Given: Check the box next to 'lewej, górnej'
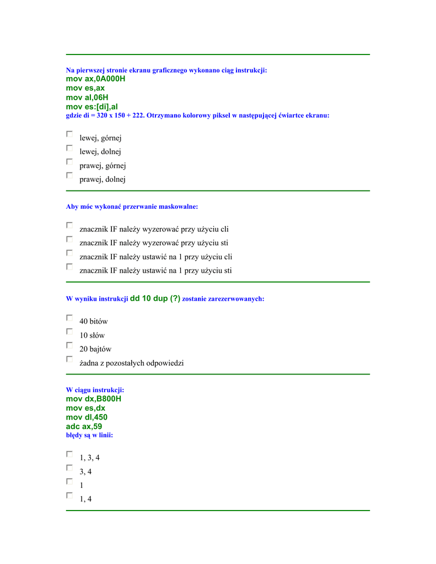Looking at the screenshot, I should point(69,134).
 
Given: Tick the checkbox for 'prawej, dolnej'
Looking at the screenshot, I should point(69,176).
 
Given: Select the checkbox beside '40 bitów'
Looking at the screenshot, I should point(69,318).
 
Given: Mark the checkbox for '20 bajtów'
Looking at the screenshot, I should point(69,345).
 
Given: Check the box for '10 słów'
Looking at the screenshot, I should point(69,332).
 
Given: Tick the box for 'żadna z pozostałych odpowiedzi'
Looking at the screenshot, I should point(69,359).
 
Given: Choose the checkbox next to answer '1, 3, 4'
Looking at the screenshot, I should point(69,454).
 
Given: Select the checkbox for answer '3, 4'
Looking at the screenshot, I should point(69,468).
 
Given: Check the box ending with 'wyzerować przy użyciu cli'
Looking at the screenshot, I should point(69,225).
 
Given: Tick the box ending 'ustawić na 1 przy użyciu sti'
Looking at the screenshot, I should point(69,267).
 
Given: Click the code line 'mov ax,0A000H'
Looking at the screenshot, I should point(95,79).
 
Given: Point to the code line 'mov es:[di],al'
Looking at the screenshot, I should point(92,106).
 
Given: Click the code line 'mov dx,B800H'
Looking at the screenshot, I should point(94,399).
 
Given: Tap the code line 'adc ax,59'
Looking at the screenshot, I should point(84,426).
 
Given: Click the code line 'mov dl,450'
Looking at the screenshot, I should point(87,417).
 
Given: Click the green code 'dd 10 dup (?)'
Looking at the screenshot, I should point(155,298).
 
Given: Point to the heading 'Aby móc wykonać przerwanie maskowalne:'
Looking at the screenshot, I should point(132,207).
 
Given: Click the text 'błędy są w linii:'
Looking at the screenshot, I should point(89,435).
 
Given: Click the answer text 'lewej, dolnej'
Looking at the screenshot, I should point(100,151).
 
